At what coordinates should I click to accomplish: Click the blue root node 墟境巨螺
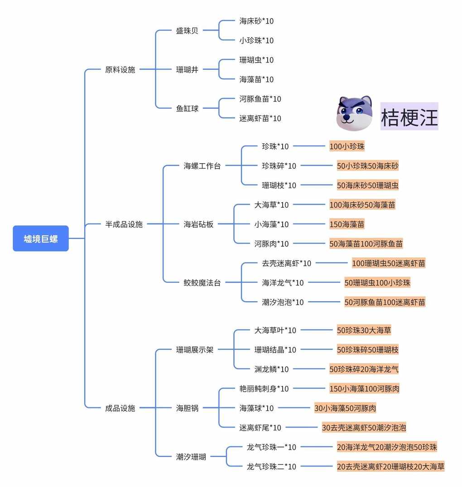tap(41, 239)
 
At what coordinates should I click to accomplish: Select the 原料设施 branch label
tap(120, 69)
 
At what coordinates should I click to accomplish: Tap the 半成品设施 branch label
tap(124, 224)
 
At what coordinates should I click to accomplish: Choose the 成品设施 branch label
tap(120, 408)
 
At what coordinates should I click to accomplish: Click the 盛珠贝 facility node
tap(187, 31)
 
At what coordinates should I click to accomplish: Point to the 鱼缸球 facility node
tap(187, 109)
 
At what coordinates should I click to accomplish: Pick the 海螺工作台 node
tap(202, 166)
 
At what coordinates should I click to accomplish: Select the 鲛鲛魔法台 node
tap(202, 282)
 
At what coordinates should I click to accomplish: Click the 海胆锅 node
tap(187, 408)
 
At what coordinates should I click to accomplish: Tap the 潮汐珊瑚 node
tap(191, 457)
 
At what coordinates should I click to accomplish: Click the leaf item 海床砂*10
tap(256, 21)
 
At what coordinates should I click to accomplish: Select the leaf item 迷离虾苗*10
tap(260, 118)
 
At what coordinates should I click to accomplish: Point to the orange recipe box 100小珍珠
tap(347, 146)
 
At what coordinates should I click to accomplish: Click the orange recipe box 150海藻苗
tap(347, 224)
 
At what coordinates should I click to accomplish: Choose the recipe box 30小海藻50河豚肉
tap(345, 408)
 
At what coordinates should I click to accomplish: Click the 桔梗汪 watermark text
tap(409, 117)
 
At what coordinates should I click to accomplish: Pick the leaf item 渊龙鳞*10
tap(271, 369)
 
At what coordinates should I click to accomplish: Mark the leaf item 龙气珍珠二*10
tap(271, 467)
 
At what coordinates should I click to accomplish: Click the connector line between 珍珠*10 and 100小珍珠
tap(309, 146)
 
